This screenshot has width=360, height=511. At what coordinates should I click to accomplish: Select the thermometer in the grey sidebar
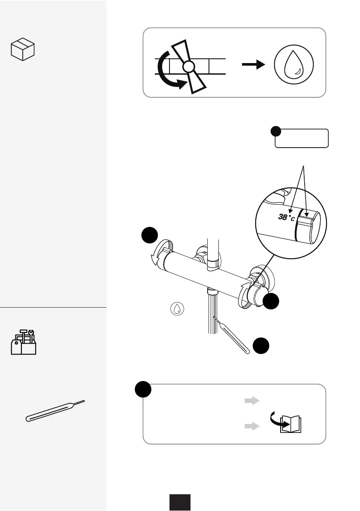[55, 411]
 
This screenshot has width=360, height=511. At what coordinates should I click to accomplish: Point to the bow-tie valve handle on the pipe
[188, 67]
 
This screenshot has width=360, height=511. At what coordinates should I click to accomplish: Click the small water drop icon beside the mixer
[176, 308]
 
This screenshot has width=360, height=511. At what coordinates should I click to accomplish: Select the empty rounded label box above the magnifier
[302, 138]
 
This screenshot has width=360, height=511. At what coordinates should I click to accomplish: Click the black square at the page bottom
[179, 502]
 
